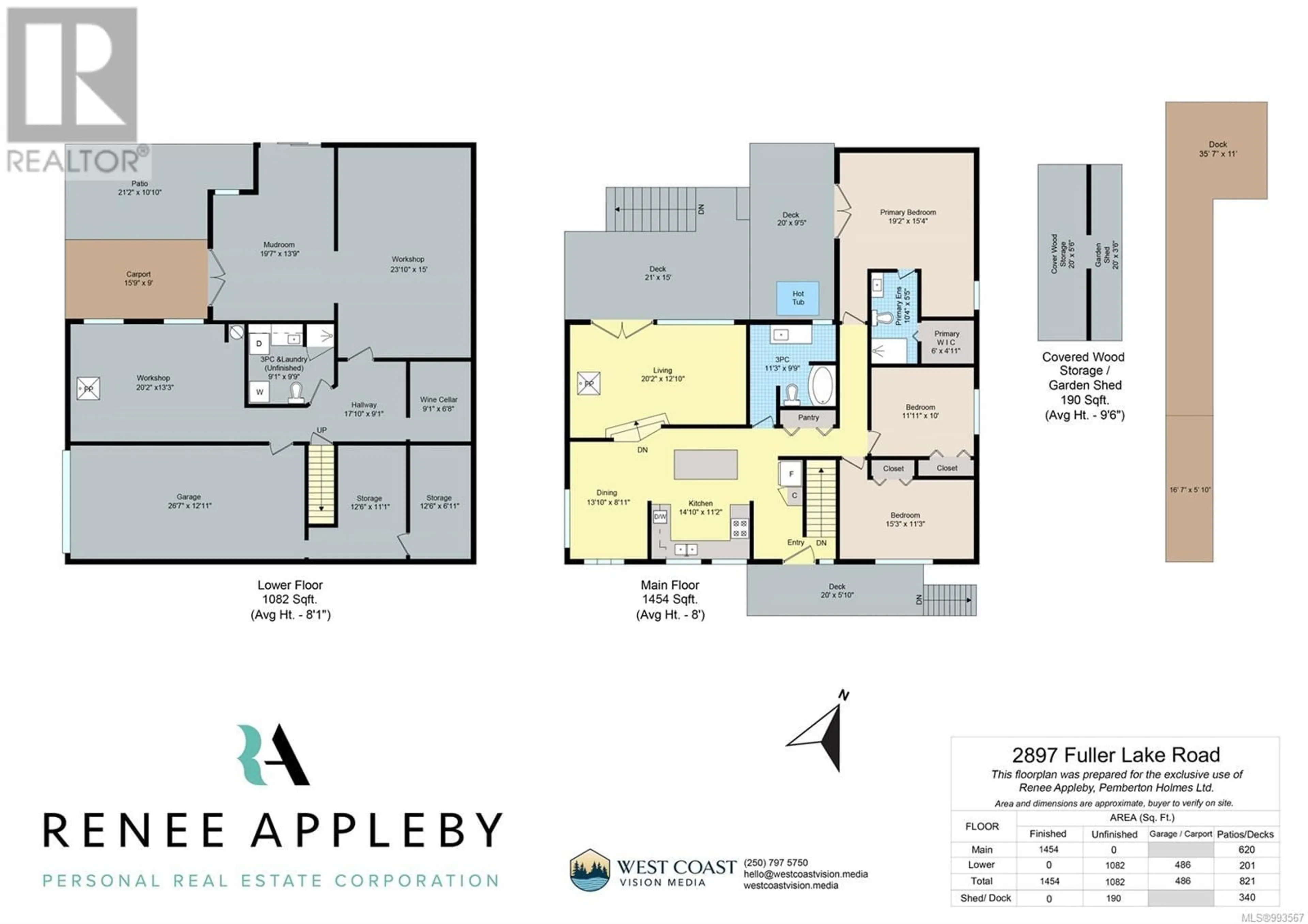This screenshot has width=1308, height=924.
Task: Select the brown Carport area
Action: [136, 279]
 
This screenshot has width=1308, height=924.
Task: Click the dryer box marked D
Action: [259, 343]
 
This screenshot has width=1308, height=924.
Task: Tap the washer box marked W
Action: [259, 392]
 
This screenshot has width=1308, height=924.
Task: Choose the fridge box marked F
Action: [790, 473]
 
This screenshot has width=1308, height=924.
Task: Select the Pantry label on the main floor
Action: [808, 418]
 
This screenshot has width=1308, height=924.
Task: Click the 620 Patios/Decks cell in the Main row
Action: [1246, 849]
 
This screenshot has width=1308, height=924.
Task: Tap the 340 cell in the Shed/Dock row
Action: [1246, 897]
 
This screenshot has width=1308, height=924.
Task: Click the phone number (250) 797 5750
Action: [775, 862]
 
